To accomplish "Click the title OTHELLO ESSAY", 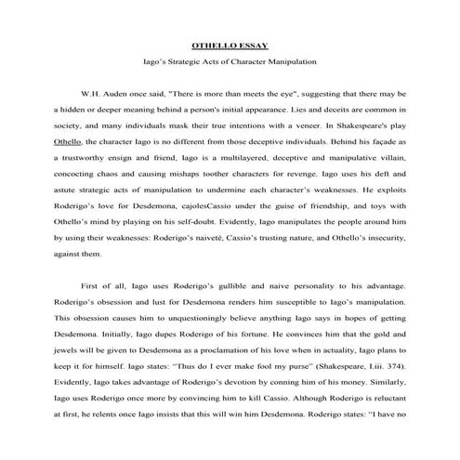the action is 230,44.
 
